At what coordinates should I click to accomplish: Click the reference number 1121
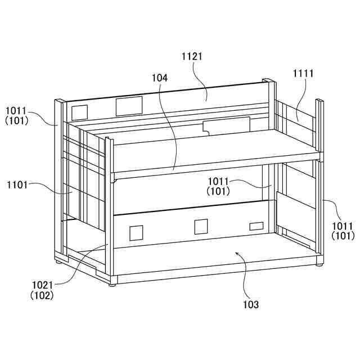[192, 56]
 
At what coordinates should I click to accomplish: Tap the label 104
[159, 78]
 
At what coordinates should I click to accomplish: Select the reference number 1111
[303, 73]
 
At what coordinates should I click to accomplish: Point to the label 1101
[17, 184]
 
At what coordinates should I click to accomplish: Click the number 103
[251, 304]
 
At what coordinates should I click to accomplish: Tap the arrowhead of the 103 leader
[237, 254]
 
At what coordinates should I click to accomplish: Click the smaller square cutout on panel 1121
[80, 111]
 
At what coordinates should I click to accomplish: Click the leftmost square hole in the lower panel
[136, 233]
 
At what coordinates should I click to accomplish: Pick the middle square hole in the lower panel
[201, 227]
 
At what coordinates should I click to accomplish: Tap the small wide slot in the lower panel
[256, 226]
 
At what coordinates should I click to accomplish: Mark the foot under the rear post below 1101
[59, 262]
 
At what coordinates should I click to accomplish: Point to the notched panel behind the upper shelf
[226, 125]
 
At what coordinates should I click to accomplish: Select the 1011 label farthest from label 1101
[342, 226]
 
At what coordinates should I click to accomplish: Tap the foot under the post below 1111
[319, 263]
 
